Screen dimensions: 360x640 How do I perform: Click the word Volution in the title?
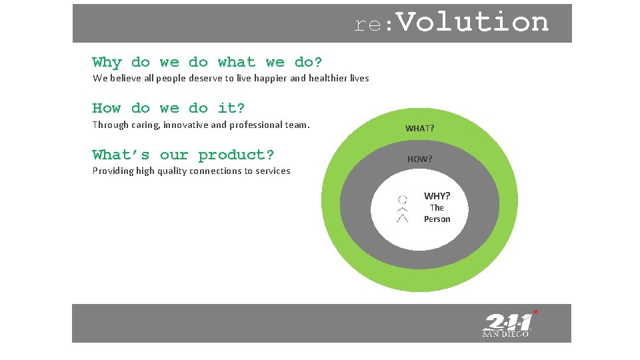point(473,23)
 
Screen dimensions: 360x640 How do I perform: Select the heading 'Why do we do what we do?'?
point(207,63)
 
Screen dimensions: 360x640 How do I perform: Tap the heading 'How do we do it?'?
point(168,108)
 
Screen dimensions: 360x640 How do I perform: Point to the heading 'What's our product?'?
point(183,155)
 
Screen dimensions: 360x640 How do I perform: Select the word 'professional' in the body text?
point(255,125)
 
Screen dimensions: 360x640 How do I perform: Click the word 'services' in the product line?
point(273,171)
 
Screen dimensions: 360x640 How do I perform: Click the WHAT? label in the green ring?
point(419,128)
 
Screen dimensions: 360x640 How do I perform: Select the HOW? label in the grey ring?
point(419,159)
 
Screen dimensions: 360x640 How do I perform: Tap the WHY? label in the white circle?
point(437,196)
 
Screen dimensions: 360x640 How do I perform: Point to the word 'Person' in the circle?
point(437,219)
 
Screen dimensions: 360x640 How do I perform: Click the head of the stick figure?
point(402,199)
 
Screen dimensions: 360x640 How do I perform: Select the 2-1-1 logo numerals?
point(508,323)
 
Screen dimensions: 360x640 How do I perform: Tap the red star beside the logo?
point(535,311)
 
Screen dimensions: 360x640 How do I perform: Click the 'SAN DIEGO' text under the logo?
point(505,335)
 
